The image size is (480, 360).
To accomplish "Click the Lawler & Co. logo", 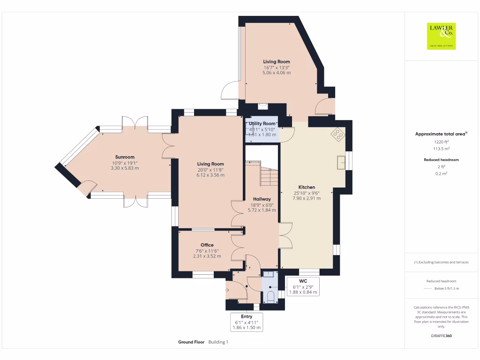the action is coord(441,36).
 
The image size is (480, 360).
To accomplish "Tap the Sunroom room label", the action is coord(125,157).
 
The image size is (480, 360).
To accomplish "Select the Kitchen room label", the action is coord(307,187).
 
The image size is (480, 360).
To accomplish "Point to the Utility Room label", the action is coord(262,123).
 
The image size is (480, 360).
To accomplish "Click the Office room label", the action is coord(207,245).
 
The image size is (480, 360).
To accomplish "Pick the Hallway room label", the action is coord(262,199).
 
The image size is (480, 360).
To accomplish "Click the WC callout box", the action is coord(303,286).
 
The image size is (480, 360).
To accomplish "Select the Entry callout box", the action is coord(247,322).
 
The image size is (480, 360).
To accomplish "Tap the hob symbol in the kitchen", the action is coord(338,135).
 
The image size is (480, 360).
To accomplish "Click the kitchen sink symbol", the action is coord(341,162).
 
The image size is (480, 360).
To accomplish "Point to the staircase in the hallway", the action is coord(269,177).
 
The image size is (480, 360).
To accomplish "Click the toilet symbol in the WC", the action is coord(270,297).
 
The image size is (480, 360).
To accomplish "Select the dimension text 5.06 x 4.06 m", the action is coord(277,73).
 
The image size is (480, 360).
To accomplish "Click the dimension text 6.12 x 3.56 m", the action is coord(210,175).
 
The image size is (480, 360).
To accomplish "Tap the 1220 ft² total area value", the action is coord(441,142).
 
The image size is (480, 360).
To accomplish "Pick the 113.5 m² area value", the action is coord(441,149).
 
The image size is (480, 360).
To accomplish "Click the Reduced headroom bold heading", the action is coord(441,160).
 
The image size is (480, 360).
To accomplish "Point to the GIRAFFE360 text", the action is coord(441,336).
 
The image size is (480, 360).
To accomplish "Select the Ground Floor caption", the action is coord(191,342).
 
